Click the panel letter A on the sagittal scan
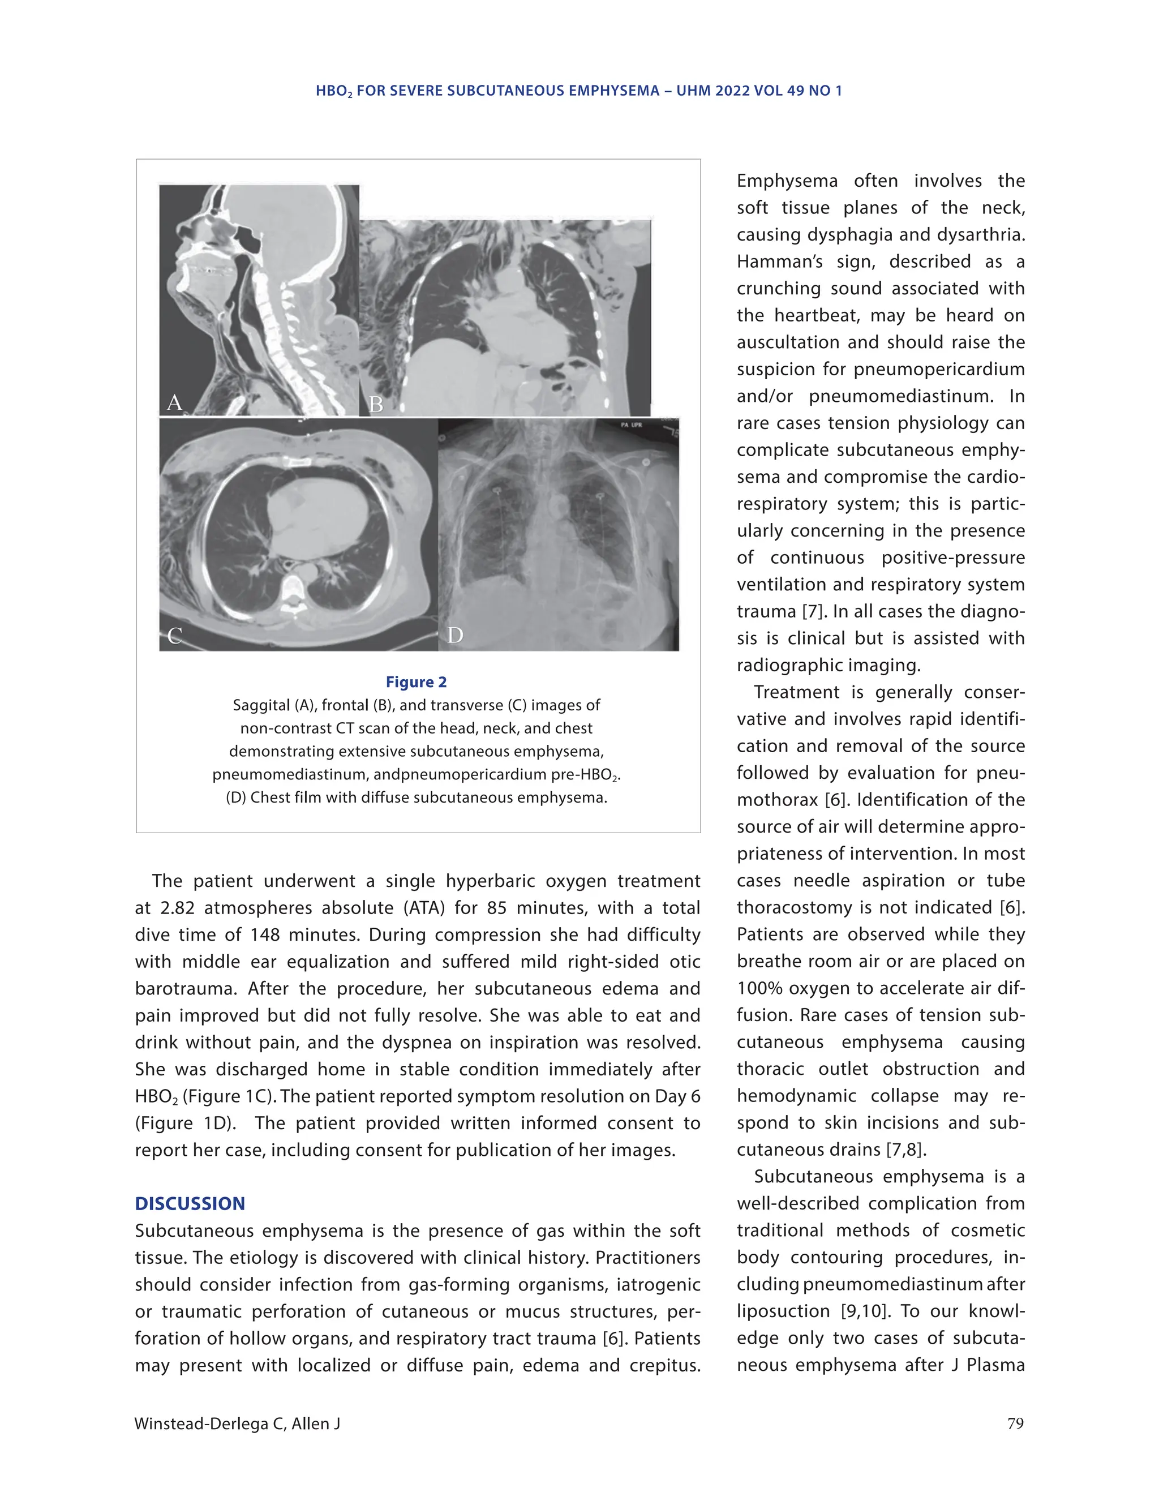[174, 402]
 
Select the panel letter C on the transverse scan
[174, 636]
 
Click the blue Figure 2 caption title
[416, 682]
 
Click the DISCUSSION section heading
[190, 1204]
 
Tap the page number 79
[1015, 1423]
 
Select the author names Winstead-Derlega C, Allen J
[237, 1423]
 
